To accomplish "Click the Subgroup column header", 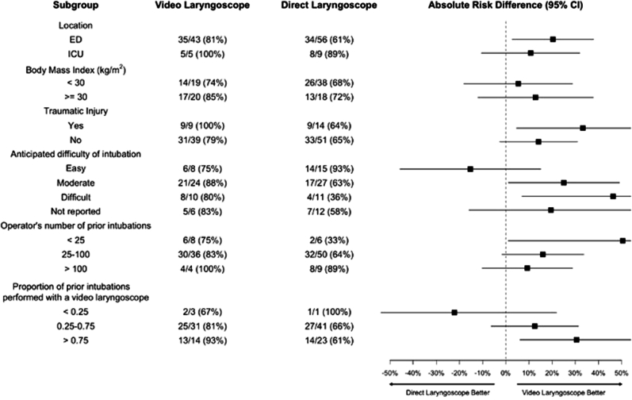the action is click(x=76, y=6).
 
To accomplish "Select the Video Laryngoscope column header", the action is click(x=202, y=6).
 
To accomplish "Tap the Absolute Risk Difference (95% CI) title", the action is click(x=505, y=6).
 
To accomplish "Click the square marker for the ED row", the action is click(x=553, y=39).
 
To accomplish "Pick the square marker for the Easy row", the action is click(x=470, y=169).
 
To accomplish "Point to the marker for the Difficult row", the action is click(x=613, y=196).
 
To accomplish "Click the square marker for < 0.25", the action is click(x=454, y=313).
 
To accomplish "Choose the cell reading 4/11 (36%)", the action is click(x=328, y=197).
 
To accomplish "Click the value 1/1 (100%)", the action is click(x=328, y=312).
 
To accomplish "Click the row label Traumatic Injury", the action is click(x=76, y=111).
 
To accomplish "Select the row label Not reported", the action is click(x=76, y=211).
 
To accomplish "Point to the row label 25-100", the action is click(x=76, y=255).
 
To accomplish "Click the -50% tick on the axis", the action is click(x=390, y=361).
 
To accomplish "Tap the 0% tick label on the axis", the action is click(x=505, y=373).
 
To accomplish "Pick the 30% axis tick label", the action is click(x=575, y=373).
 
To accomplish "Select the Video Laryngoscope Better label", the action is click(x=564, y=393).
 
